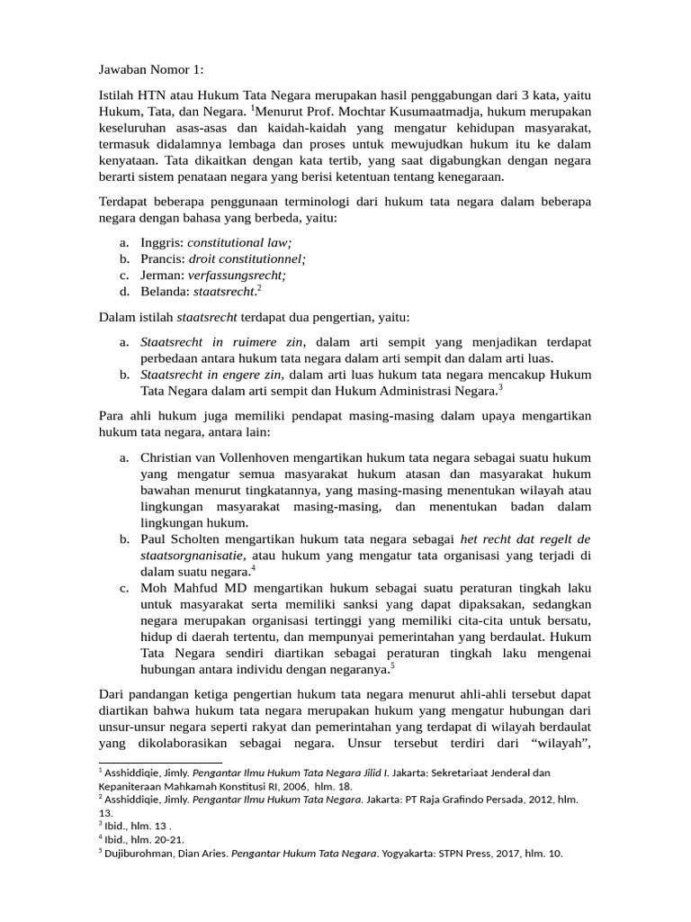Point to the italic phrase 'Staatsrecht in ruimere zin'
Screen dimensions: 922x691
(x=223, y=342)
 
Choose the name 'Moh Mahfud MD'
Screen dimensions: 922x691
(x=187, y=588)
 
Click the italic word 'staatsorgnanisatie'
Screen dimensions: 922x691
(x=193, y=556)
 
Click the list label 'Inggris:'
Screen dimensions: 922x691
(x=162, y=243)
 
